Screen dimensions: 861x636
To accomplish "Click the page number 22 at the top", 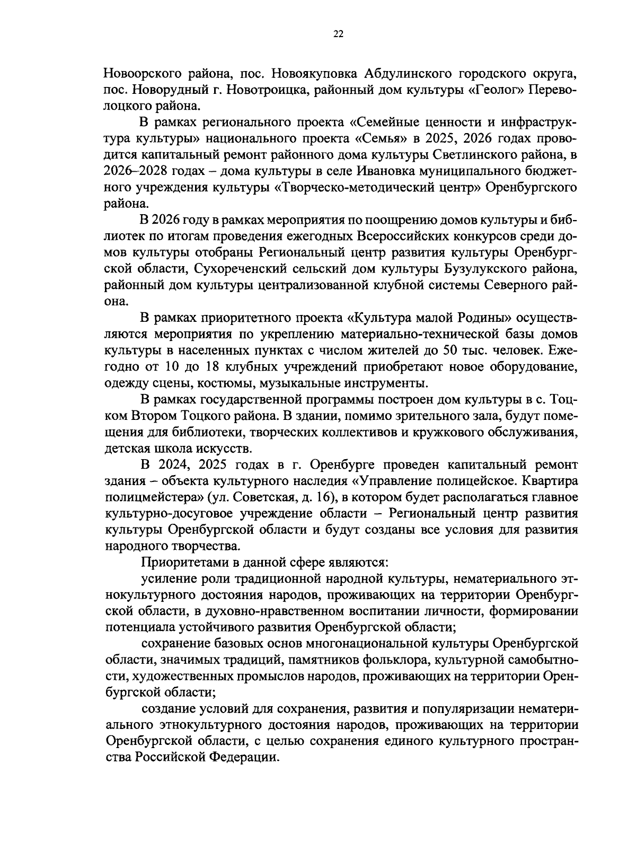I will pos(339,34).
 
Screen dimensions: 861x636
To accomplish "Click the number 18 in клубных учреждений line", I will pos(209,367).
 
